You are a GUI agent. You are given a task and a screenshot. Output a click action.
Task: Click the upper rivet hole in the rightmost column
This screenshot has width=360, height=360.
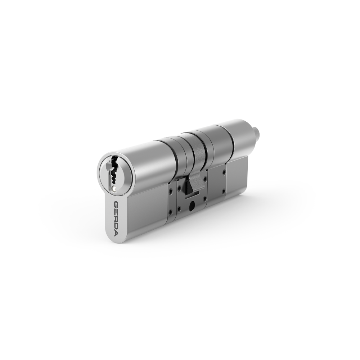point(224,172)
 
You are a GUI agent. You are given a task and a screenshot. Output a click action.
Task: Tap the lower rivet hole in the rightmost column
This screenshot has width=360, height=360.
point(224,192)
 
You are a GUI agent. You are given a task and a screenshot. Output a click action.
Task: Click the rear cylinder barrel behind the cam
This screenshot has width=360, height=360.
point(230,137)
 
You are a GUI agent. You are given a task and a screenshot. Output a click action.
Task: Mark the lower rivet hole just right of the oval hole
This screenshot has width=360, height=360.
point(205,199)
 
